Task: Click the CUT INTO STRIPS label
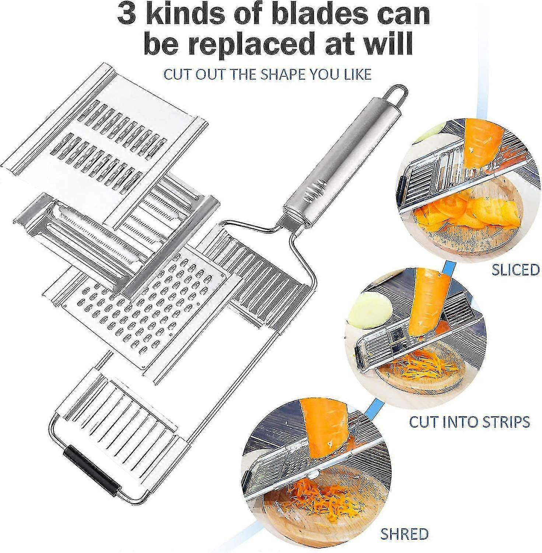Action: click(x=469, y=421)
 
